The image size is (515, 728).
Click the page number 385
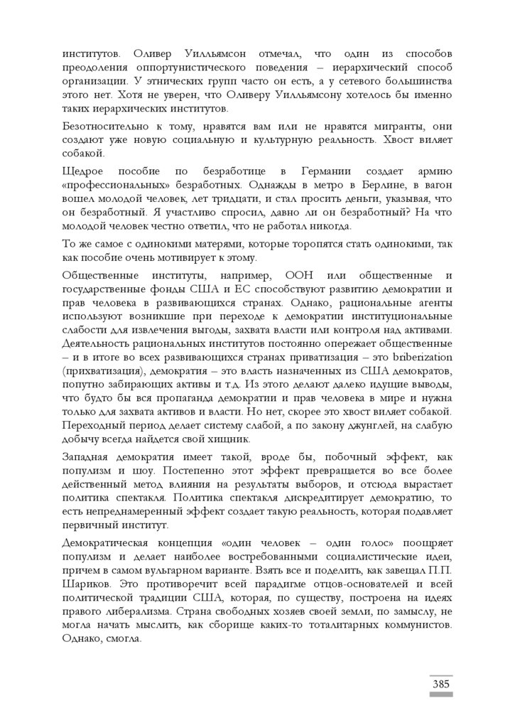440,684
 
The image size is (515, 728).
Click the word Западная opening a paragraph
88,456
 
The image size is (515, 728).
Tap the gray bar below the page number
440,695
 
